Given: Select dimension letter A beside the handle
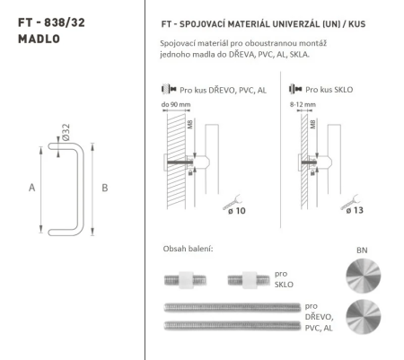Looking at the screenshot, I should click(x=32, y=188).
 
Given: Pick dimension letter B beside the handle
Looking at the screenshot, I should click(x=105, y=188).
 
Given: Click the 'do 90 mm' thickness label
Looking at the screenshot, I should click(x=174, y=105).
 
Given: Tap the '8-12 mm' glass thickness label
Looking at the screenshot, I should click(x=302, y=105).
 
